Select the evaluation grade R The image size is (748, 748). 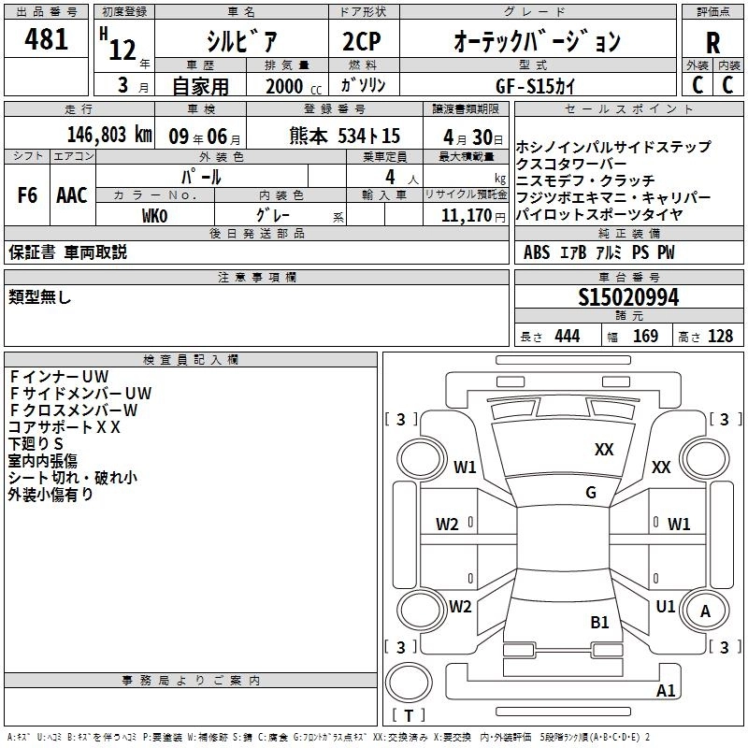[x=712, y=42]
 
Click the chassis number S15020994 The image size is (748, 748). [x=628, y=297]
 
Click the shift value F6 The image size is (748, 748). [x=28, y=195]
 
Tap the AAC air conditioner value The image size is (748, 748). [x=72, y=195]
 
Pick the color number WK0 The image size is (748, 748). [x=154, y=216]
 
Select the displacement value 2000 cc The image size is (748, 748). [x=290, y=86]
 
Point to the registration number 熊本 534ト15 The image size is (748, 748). [x=345, y=135]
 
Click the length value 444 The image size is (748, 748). [x=567, y=336]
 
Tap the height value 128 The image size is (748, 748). [x=720, y=336]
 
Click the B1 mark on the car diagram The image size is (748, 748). [x=599, y=622]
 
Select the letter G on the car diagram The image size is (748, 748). [x=591, y=493]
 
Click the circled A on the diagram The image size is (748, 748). [x=705, y=611]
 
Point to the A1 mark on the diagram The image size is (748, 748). [x=666, y=691]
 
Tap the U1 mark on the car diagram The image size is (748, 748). [x=666, y=607]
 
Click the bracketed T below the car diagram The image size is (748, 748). [x=409, y=716]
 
